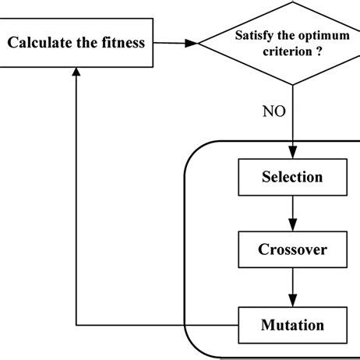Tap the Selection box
[291, 177]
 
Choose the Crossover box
[291, 250]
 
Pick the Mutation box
[291, 323]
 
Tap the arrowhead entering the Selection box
[291, 155]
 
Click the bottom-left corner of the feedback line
[76, 324]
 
